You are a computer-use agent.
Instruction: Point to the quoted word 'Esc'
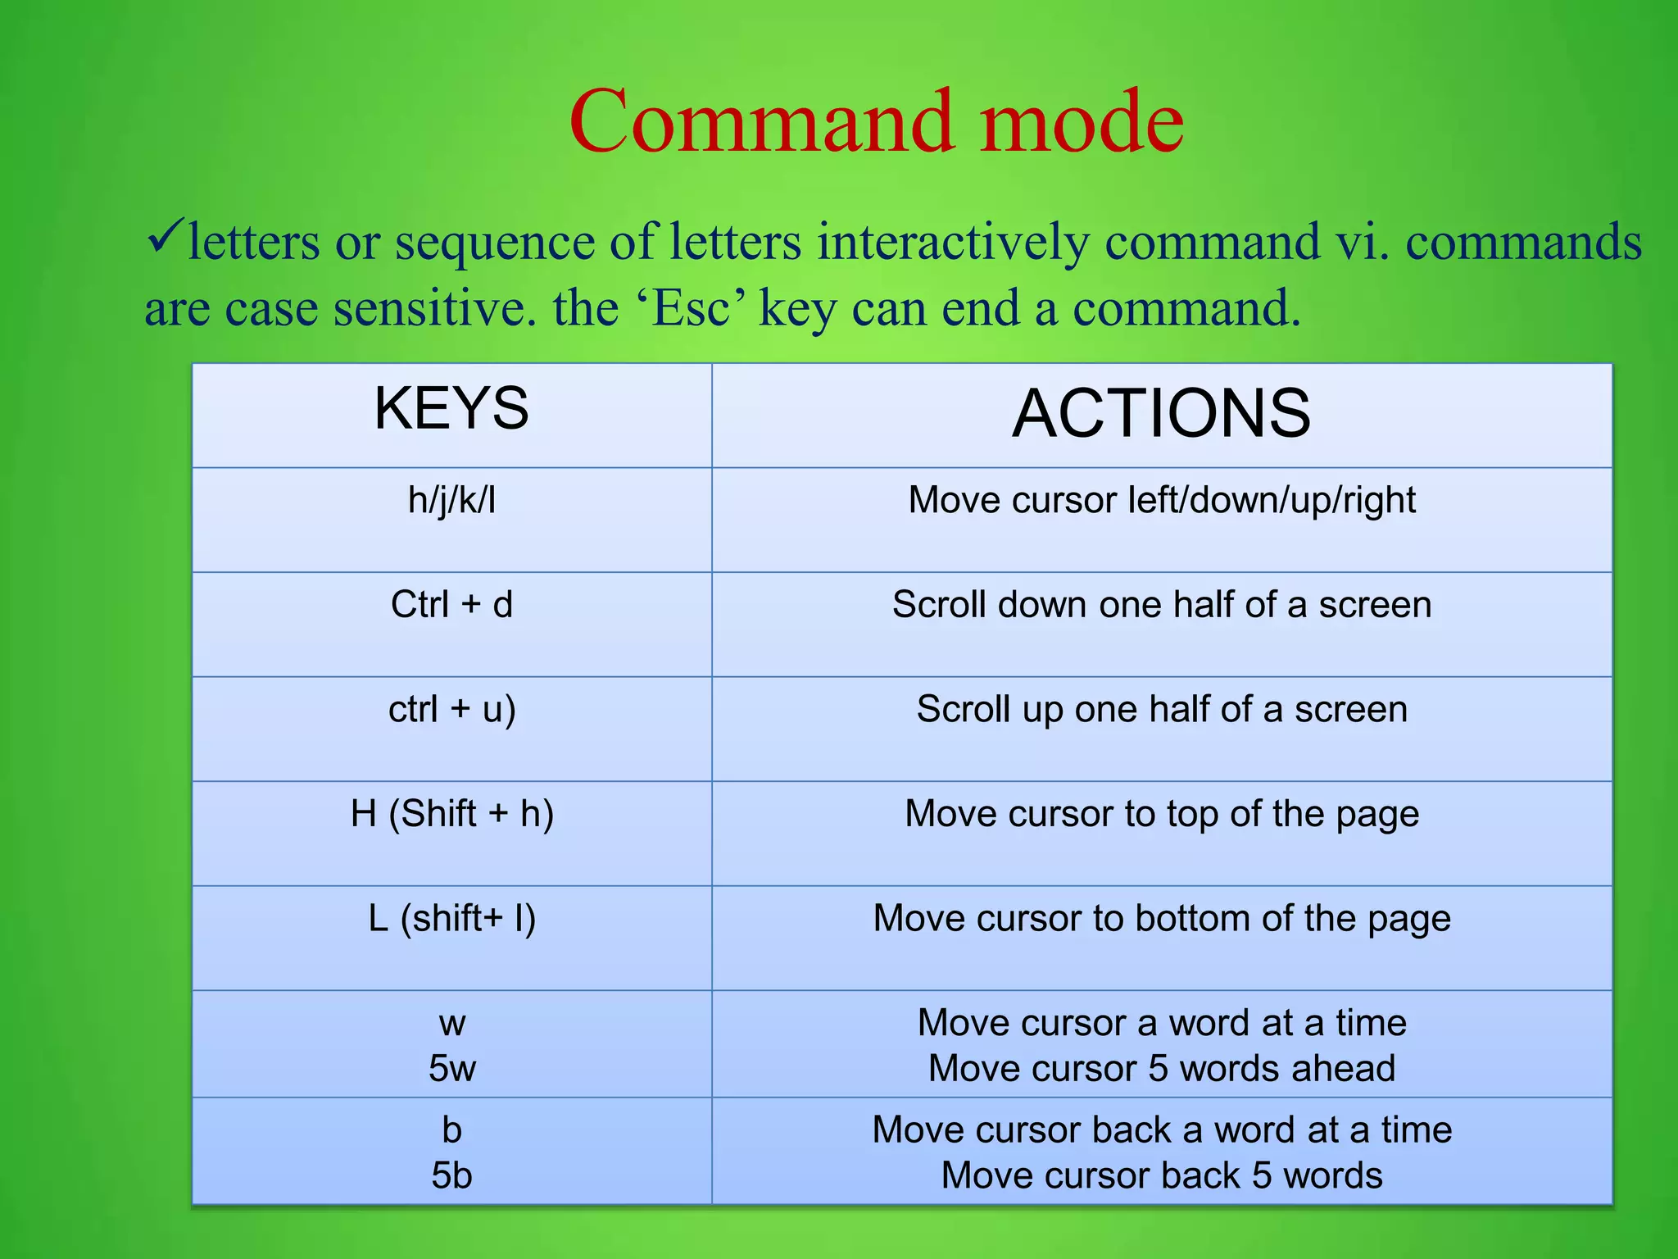(x=691, y=309)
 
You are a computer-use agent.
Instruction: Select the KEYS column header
(x=451, y=409)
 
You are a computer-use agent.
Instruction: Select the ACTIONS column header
(x=1161, y=414)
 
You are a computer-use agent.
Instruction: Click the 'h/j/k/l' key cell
(x=451, y=500)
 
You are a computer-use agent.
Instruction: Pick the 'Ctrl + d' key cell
(x=451, y=605)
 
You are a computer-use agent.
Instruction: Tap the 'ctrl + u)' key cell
(x=451, y=710)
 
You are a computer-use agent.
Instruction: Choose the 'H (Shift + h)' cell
(x=451, y=814)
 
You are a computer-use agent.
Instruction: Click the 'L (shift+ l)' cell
(x=451, y=919)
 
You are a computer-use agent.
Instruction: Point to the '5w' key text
(x=451, y=1069)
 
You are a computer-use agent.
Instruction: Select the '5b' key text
(x=451, y=1176)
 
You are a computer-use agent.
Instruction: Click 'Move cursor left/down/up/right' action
(x=1161, y=500)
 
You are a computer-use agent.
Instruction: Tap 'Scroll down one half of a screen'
(x=1161, y=605)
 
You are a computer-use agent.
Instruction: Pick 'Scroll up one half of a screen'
(x=1161, y=710)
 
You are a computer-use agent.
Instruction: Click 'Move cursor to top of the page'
(x=1161, y=814)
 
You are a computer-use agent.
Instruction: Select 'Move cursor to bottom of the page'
(x=1161, y=919)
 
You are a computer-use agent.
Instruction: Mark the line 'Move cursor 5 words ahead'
(x=1161, y=1069)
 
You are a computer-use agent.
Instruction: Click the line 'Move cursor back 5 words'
(x=1161, y=1176)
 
